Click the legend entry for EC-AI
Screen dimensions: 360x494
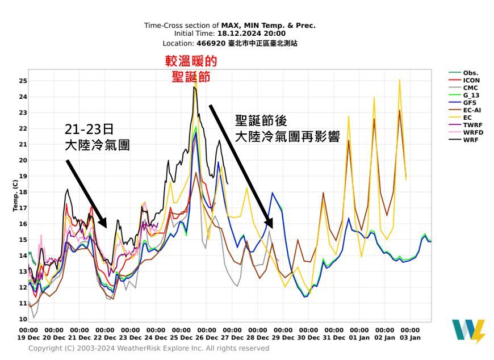[472, 110]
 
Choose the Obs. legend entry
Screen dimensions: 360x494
[470, 73]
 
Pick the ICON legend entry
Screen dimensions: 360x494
[471, 81]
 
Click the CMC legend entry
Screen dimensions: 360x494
[470, 88]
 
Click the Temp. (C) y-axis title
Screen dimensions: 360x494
[15, 195]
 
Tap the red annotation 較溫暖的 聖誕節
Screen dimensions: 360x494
[191, 69]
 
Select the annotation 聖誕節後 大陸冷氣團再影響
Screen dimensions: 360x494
[287, 128]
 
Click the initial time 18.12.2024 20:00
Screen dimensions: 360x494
[259, 34]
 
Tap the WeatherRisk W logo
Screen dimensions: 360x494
[468, 332]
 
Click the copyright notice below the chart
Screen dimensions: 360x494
[149, 348]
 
